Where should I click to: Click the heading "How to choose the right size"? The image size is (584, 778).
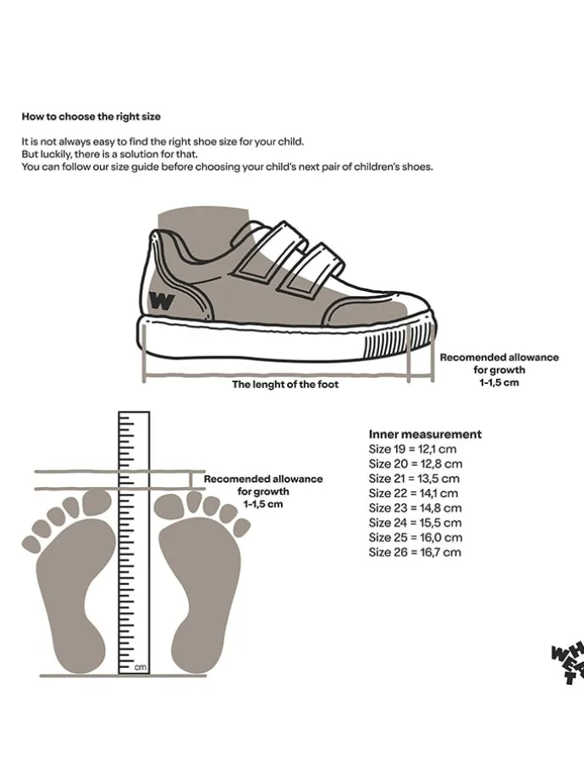click(x=91, y=116)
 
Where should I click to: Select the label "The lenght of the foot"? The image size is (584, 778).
click(x=285, y=385)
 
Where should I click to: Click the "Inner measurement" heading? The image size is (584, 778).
click(x=425, y=434)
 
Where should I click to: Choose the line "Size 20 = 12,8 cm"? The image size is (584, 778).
click(x=415, y=464)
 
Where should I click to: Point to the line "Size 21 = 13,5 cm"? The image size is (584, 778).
click(x=414, y=479)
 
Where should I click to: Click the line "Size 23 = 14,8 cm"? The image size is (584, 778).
click(x=415, y=508)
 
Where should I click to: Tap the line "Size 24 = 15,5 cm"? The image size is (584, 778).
click(x=415, y=523)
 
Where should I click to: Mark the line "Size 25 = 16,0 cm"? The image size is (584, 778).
click(x=416, y=538)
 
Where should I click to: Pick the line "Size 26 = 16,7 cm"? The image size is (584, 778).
click(x=415, y=552)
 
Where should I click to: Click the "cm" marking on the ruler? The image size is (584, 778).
click(x=140, y=667)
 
